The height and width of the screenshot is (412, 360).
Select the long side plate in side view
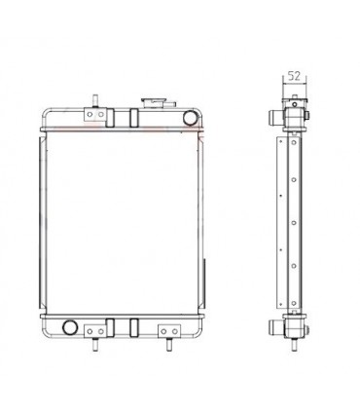tap(291, 222)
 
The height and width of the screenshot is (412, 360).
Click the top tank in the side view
tap(291, 116)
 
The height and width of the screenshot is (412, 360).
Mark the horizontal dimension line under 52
tap(291, 84)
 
